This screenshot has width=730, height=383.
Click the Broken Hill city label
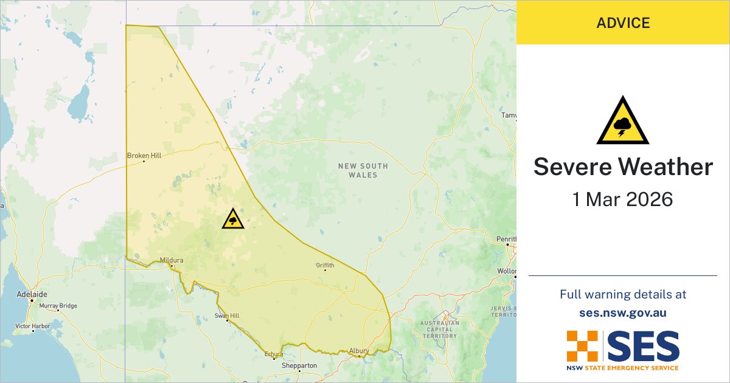coord(144,156)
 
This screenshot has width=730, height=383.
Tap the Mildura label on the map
coord(171,260)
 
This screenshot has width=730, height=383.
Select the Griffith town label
coord(325,265)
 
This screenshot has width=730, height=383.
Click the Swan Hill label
coord(226,316)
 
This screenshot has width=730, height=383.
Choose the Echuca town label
coord(273,354)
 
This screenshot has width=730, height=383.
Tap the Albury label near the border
coord(359,351)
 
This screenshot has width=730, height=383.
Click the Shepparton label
coord(299,366)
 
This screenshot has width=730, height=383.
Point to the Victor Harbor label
coord(32,326)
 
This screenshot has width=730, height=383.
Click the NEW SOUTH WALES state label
coord(363,170)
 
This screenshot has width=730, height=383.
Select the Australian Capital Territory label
coord(439,329)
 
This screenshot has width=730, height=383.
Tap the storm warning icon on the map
coord(233,219)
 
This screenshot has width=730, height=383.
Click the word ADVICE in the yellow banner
coord(623,23)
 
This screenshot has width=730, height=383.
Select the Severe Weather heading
coord(623,167)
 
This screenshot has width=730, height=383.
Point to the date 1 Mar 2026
coord(623,199)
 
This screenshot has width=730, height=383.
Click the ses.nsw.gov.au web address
coord(623,313)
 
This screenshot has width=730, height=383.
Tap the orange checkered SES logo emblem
coord(583,347)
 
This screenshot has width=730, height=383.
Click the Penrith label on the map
coord(506,239)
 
